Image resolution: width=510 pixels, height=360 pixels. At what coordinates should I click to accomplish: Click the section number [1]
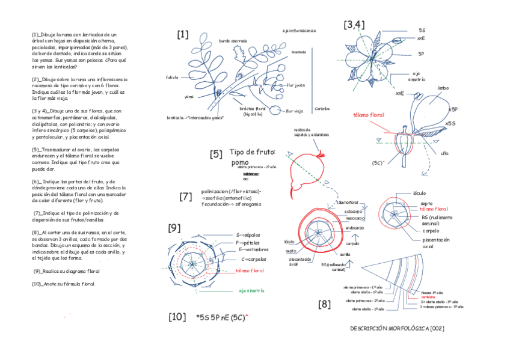pyautogui.click(x=183, y=35)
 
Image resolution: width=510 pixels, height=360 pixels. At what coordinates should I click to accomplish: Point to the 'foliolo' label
pyautogui.click(x=172, y=78)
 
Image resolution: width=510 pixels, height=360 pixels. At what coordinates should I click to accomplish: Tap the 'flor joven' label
pyautogui.click(x=296, y=85)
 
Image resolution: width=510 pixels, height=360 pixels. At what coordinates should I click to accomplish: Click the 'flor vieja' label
pyautogui.click(x=294, y=111)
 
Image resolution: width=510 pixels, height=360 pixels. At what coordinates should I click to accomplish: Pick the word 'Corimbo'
pyautogui.click(x=322, y=109)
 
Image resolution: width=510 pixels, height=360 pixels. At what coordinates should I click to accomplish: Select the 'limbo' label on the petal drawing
pyautogui.click(x=443, y=88)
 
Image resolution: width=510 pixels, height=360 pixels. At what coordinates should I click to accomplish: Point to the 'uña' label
pyautogui.click(x=444, y=153)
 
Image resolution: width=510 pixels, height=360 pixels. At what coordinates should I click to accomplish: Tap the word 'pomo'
pyautogui.click(x=239, y=162)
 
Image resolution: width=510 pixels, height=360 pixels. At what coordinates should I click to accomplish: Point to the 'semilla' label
pyautogui.click(x=345, y=254)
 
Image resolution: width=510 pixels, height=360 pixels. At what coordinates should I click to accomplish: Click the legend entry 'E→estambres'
pyautogui.click(x=254, y=248)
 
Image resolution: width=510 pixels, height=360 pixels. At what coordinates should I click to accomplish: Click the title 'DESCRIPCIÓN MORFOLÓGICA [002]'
pyautogui.click(x=397, y=329)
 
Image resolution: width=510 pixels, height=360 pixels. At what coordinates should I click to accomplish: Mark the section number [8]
pyautogui.click(x=325, y=304)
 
